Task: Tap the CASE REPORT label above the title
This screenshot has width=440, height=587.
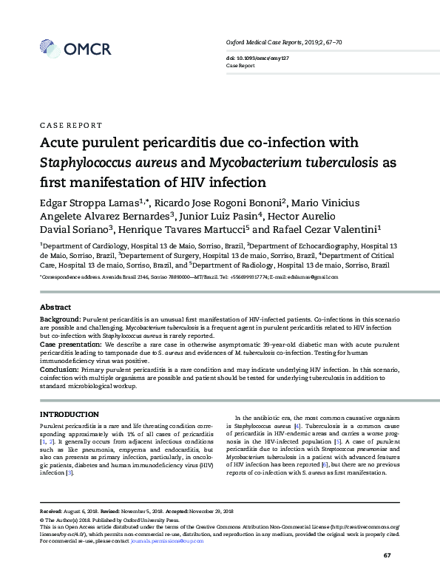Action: pyautogui.click(x=70, y=126)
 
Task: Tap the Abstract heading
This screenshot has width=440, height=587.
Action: pyautogui.click(x=55, y=307)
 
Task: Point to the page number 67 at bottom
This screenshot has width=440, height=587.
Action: pyautogui.click(x=387, y=554)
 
